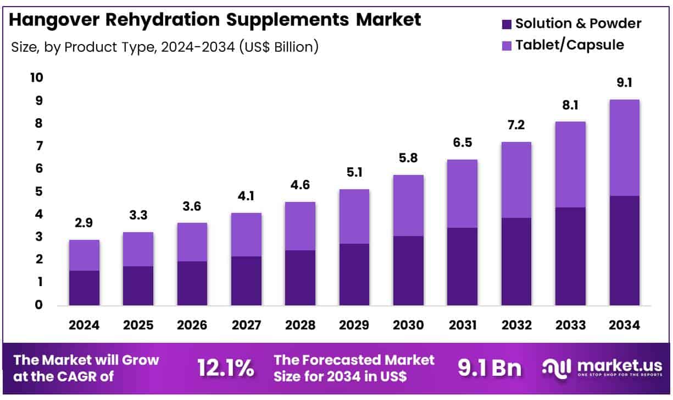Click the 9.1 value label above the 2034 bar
(x=624, y=83)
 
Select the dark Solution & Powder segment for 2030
(x=408, y=270)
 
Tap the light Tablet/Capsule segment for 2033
(x=570, y=164)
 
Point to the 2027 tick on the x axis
(x=246, y=325)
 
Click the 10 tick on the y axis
(x=36, y=78)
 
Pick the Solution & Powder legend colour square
(x=507, y=24)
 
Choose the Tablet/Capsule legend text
(x=570, y=45)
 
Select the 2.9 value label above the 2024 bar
(x=84, y=224)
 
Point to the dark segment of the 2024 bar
(x=84, y=288)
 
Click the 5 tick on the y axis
(x=38, y=191)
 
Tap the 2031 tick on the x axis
(x=462, y=325)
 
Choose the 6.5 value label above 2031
(x=462, y=143)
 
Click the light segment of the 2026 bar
(x=192, y=242)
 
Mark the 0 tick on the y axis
(x=38, y=305)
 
